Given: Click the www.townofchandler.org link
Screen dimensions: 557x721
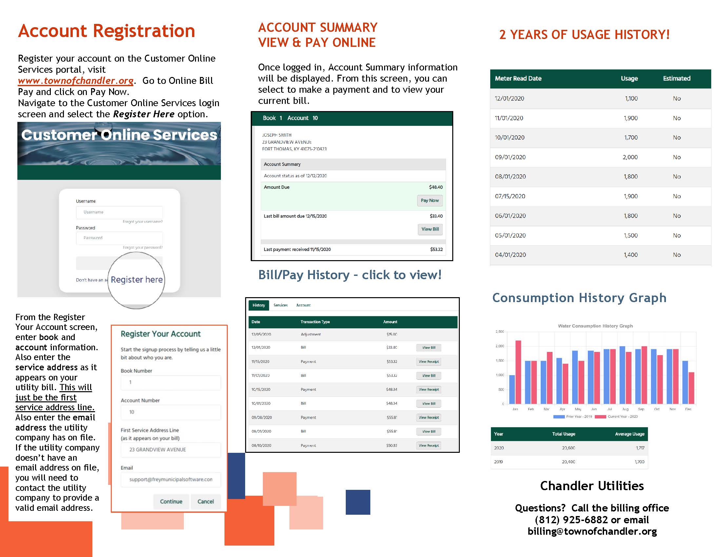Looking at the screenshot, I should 76,81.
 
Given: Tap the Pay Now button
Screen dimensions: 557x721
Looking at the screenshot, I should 430,201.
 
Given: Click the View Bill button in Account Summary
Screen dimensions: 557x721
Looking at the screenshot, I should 430,229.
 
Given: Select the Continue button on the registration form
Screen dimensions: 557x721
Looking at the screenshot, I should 171,501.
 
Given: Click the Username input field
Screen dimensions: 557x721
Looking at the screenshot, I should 119,212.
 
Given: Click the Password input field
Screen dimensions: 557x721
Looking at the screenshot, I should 119,238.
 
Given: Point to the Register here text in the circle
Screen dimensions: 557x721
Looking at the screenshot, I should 137,280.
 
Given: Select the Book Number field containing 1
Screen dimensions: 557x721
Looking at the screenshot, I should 170,382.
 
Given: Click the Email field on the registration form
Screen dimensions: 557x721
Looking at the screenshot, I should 170,479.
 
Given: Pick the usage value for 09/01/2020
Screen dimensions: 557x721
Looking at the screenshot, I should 630,157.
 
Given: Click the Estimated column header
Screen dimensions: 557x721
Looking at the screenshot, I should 676,79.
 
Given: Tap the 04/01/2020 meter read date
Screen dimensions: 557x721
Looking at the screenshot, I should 510,255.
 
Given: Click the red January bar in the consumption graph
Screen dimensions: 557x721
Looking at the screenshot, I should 518,372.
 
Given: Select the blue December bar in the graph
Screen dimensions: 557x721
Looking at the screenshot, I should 685,382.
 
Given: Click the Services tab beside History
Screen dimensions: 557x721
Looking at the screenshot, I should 280,305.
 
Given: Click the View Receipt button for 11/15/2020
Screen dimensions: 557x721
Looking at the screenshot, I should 429,362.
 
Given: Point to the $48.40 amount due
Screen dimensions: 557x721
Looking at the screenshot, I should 436,187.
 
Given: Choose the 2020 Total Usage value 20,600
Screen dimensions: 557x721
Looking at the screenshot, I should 568,448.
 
